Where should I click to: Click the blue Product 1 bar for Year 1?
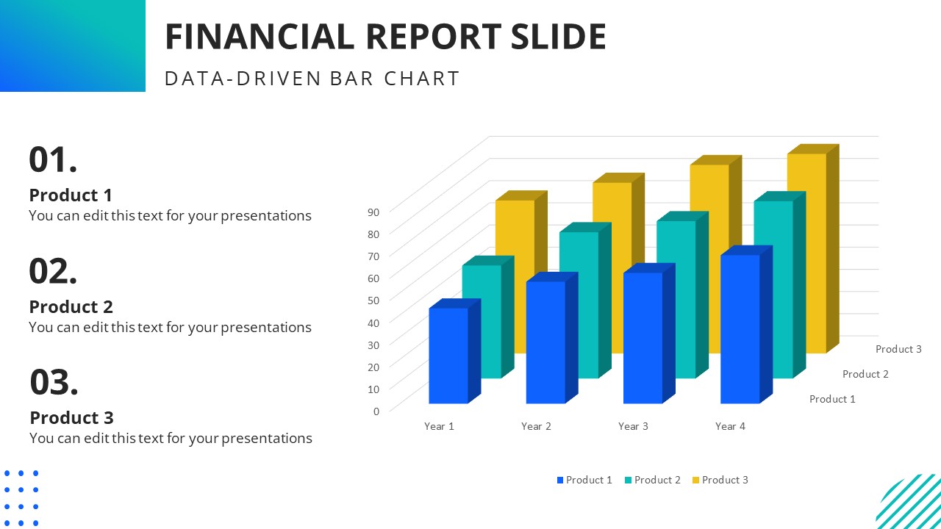[x=448, y=356]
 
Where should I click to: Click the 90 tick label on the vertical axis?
[x=373, y=212]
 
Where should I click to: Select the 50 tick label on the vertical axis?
[x=373, y=300]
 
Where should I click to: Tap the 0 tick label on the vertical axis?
[x=376, y=411]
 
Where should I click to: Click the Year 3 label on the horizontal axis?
[x=633, y=426]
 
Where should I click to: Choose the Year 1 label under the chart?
[x=439, y=426]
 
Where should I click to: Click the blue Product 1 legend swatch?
[x=560, y=481]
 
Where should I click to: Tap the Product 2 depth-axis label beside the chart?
[x=865, y=374]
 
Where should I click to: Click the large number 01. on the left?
[x=53, y=160]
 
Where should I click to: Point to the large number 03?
[x=54, y=383]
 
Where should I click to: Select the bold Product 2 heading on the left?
[x=71, y=306]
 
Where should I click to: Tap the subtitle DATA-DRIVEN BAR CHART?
[x=312, y=79]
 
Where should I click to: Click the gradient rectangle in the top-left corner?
[x=72, y=46]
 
